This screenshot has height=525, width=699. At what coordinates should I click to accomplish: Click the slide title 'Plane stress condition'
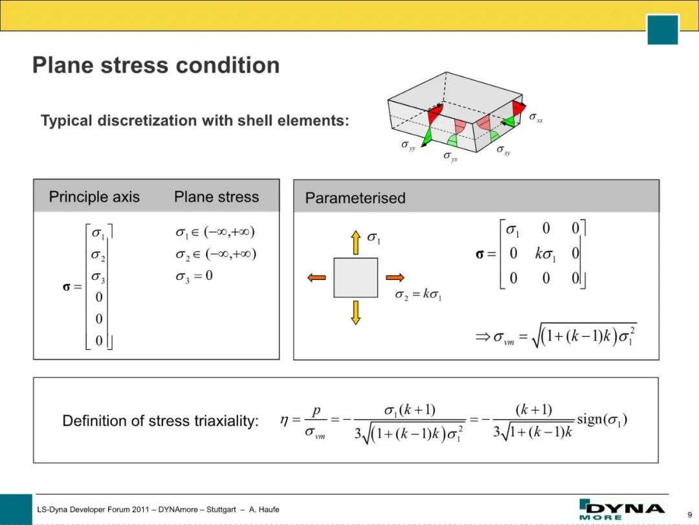156,65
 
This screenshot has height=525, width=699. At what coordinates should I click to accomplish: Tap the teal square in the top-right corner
663,29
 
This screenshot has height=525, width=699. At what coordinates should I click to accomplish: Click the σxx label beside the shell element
536,117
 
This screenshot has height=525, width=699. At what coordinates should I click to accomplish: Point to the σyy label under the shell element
408,146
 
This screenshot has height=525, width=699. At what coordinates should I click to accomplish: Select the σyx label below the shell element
450,156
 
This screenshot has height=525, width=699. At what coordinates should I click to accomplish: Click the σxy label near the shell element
504,150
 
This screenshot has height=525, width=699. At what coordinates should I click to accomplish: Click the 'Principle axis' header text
94,197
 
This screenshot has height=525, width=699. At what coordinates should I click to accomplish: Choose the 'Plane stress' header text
216,197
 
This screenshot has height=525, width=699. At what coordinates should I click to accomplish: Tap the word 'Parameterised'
355,198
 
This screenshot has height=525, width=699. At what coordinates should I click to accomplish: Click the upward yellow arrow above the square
356,242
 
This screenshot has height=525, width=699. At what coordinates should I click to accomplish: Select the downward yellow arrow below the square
356,312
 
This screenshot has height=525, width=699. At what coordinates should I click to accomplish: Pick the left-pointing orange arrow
316,277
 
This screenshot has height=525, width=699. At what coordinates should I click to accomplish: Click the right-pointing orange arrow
395,277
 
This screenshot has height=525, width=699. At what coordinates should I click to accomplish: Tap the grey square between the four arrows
356,277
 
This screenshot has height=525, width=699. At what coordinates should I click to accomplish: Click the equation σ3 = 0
194,276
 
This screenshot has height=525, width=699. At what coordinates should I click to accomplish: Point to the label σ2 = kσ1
418,295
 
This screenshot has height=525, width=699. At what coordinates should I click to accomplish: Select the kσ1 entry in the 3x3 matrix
545,255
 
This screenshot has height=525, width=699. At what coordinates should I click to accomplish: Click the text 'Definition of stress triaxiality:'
161,421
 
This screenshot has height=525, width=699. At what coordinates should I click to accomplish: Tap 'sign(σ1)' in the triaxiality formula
602,419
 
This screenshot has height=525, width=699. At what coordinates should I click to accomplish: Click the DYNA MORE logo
621,509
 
